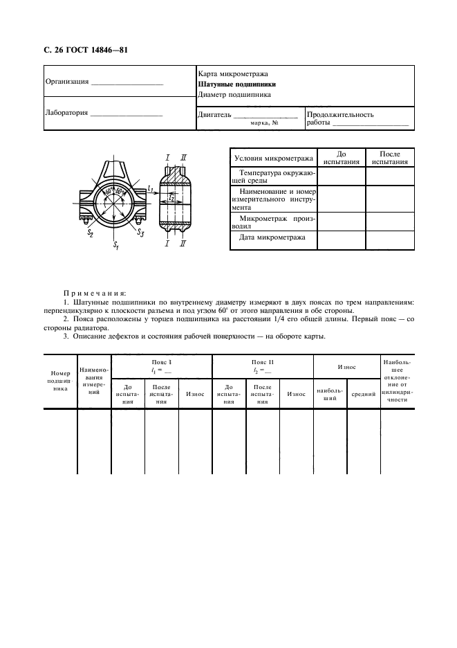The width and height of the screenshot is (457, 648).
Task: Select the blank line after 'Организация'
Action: click(x=127, y=82)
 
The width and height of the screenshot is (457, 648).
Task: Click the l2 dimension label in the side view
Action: click(x=171, y=198)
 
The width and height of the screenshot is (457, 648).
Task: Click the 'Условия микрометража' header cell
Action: click(x=272, y=158)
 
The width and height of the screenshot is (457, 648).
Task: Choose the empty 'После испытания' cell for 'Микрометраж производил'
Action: click(x=390, y=222)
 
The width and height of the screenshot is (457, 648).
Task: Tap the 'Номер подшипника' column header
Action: click(x=59, y=380)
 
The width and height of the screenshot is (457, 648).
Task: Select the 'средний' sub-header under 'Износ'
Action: click(x=363, y=394)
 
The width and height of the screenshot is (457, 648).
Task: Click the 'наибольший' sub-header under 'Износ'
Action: click(x=330, y=394)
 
